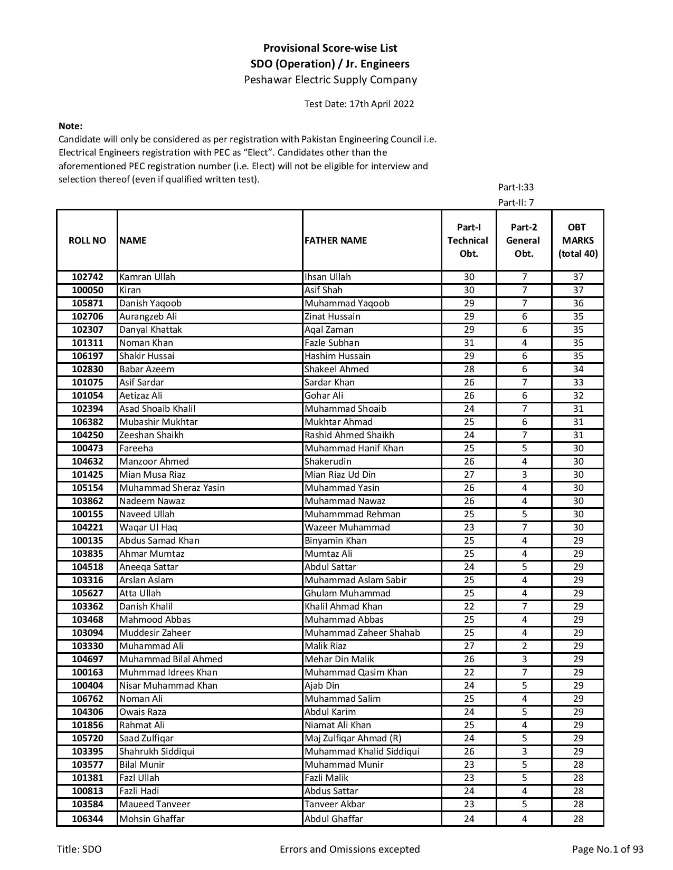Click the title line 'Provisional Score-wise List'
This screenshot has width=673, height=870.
(330, 48)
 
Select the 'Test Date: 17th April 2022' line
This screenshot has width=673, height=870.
(359, 104)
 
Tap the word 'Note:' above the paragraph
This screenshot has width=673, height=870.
(70, 126)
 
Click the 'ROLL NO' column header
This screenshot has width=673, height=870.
(87, 240)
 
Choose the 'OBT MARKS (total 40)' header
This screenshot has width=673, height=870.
(577, 240)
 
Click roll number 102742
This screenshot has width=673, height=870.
(87, 277)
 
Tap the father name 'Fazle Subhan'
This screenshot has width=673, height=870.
(331, 343)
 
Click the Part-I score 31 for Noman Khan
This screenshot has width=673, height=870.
(469, 343)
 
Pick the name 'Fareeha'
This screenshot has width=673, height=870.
(136, 448)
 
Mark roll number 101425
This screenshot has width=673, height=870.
(87, 475)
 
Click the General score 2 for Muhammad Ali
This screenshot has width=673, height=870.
(524, 646)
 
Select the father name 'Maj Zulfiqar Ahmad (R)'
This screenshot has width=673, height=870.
(353, 738)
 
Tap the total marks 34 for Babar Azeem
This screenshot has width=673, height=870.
(578, 369)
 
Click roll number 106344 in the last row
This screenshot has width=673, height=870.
(87, 819)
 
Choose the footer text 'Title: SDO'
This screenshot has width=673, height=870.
(79, 849)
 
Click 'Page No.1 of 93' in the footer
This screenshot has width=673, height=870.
(608, 849)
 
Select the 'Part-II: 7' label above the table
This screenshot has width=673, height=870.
(516, 202)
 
